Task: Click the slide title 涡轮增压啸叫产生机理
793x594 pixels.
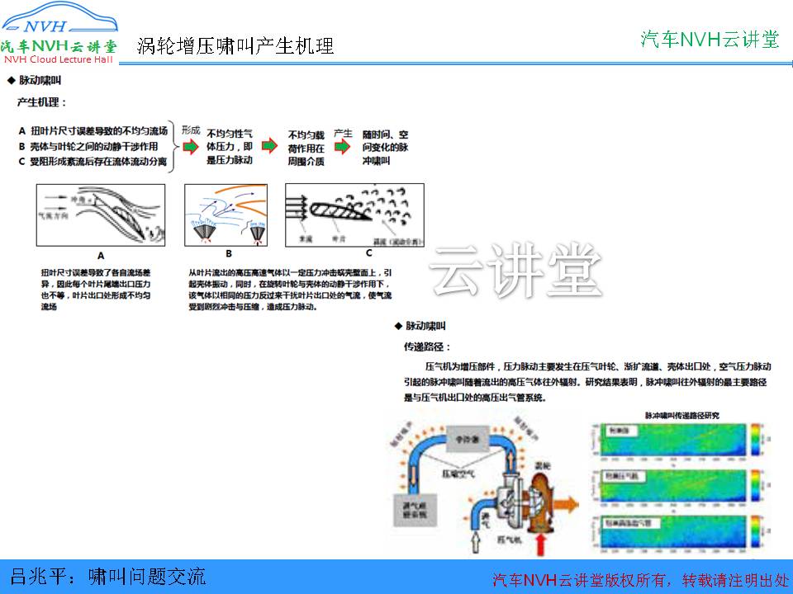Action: pyautogui.click(x=235, y=45)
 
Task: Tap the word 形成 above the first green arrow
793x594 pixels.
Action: pyautogui.click(x=191, y=130)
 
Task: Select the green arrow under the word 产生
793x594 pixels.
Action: pyautogui.click(x=343, y=147)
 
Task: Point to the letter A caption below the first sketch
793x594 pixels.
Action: pyautogui.click(x=101, y=255)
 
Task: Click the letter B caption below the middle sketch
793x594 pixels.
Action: pyautogui.click(x=229, y=255)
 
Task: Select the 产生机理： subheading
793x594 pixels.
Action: pyautogui.click(x=43, y=103)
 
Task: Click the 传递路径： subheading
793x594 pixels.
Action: pyautogui.click(x=427, y=347)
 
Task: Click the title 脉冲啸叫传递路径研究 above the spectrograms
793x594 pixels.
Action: pyautogui.click(x=681, y=415)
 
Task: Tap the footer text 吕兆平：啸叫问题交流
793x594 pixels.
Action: pyautogui.click(x=107, y=575)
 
